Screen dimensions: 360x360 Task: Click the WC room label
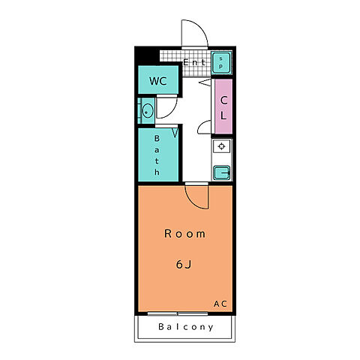[158, 81]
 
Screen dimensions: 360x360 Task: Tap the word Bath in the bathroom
[157, 155]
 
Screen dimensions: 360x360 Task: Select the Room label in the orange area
[184, 234]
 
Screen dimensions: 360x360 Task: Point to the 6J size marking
[184, 264]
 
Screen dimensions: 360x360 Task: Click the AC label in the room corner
[220, 304]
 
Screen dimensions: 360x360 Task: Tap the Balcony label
[186, 327]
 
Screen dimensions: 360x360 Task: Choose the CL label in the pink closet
[223, 108]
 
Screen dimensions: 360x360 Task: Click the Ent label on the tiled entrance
[194, 62]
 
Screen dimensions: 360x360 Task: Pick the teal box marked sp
[221, 63]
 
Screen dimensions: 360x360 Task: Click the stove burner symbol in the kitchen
[221, 146]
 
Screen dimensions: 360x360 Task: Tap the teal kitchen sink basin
[221, 172]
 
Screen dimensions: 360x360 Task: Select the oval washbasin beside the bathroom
[148, 111]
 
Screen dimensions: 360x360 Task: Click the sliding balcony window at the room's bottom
[178, 313]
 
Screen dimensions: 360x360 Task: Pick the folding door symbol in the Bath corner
[175, 133]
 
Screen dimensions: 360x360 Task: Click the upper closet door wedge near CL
[205, 82]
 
